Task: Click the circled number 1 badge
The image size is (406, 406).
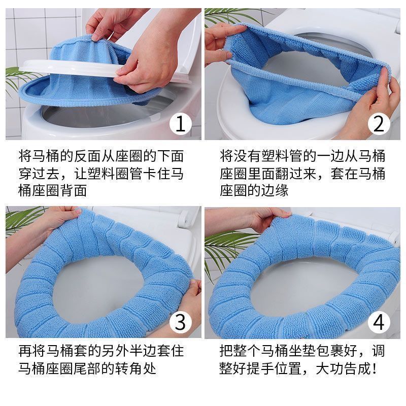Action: pos(181,123)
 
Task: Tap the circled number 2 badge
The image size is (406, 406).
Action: pos(379,123)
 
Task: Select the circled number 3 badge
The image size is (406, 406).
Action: pos(181,322)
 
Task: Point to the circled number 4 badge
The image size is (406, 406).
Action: pos(379,322)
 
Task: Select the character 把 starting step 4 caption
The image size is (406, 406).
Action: pos(226,351)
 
